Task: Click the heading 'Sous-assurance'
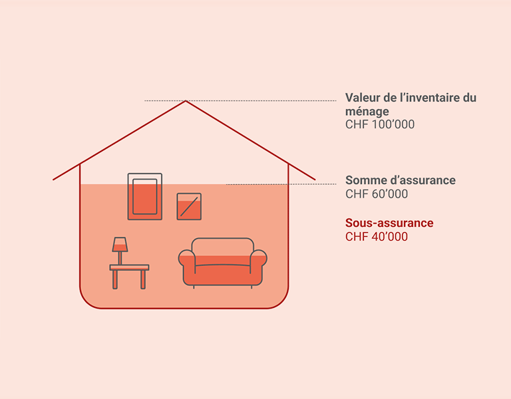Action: (389, 223)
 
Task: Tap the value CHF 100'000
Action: (380, 124)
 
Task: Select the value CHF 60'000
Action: (377, 194)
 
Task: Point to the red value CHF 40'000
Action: (377, 237)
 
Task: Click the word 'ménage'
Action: (367, 111)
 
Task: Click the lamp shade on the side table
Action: (120, 244)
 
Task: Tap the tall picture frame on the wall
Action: (144, 196)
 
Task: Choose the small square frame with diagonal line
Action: (189, 206)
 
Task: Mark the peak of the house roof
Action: (185, 101)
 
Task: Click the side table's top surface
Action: (129, 267)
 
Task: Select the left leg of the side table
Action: (115, 279)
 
